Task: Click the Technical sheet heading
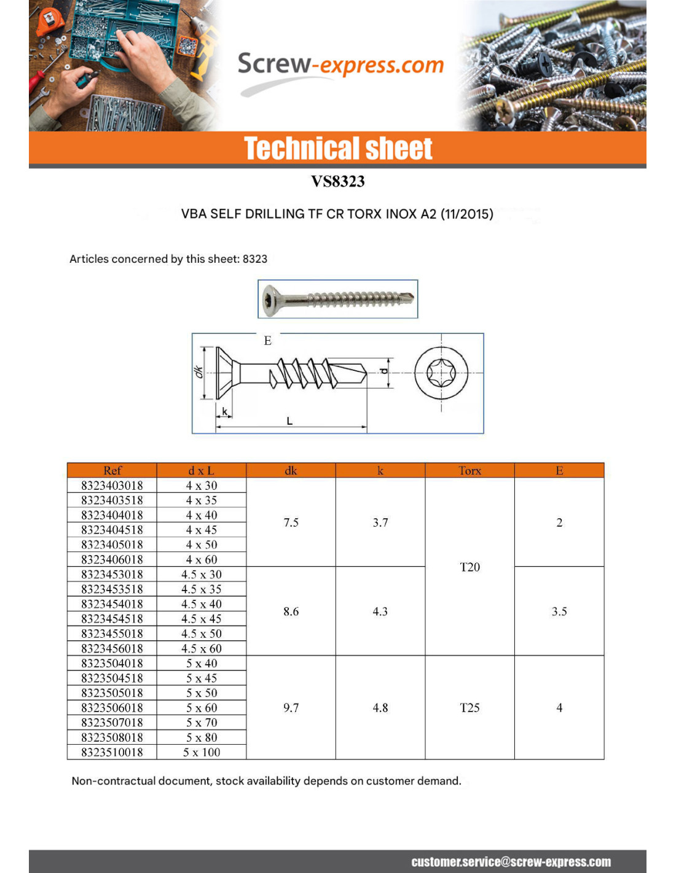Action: coord(338,149)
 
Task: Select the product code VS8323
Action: coord(337,181)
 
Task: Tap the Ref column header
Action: coord(112,470)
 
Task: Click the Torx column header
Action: coord(470,470)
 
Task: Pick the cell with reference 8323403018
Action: coord(112,486)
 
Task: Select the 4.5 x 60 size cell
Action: coord(202,648)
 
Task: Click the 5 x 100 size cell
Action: coord(202,752)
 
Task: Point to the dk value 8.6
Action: coord(291,611)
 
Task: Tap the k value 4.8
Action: coord(380,708)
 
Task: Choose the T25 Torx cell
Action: coord(470,708)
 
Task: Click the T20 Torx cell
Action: coord(470,567)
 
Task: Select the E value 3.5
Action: coord(559,611)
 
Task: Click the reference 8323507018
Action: coord(112,723)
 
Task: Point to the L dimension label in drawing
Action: coord(289,421)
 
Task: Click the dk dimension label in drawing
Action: coord(198,372)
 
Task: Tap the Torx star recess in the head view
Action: coord(441,373)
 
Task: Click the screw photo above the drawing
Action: coord(337,299)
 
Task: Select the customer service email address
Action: coord(511,862)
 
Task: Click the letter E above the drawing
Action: coord(267,341)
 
